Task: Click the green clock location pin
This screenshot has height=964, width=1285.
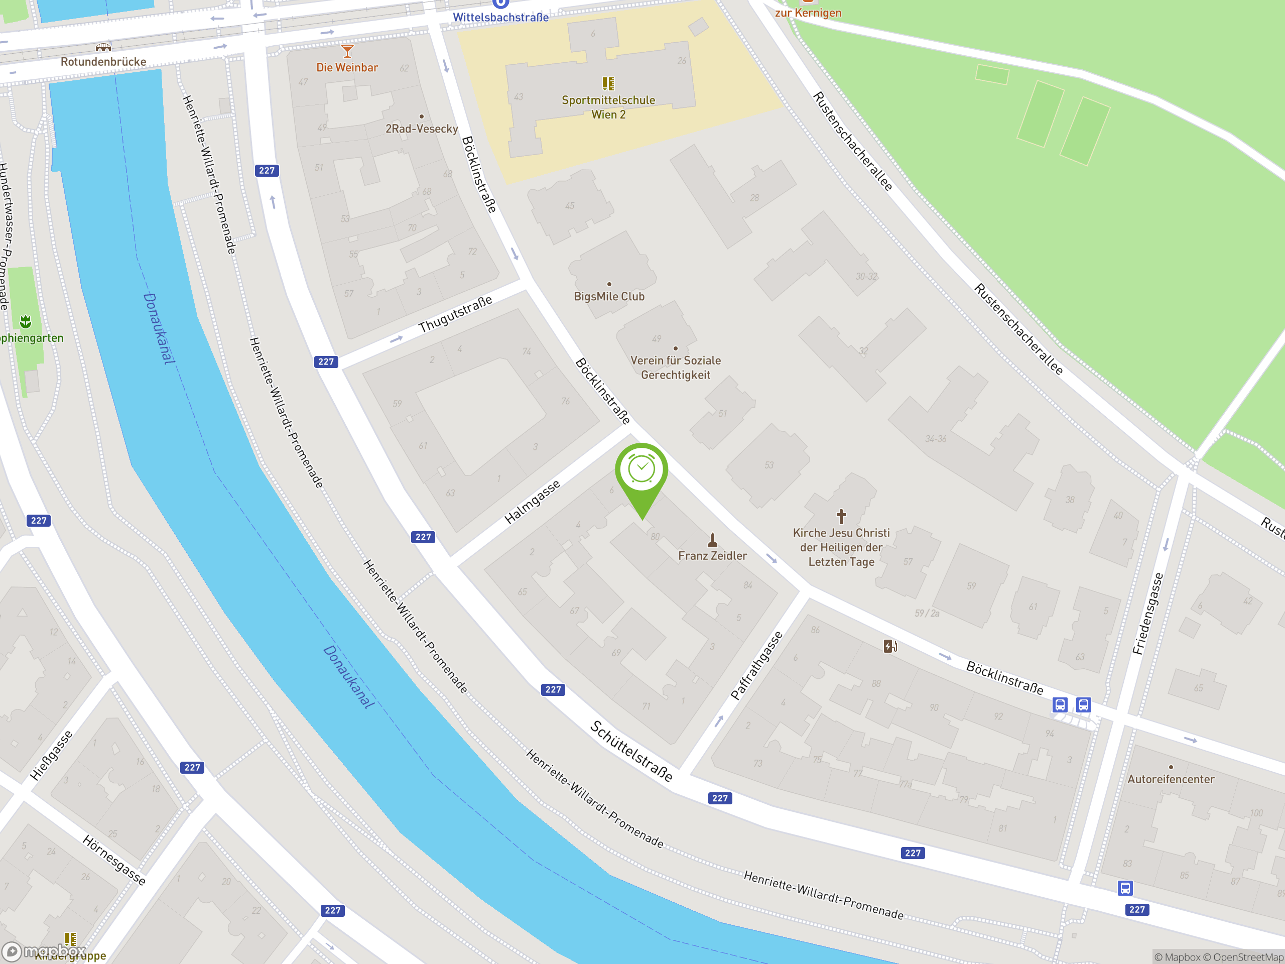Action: coord(641,470)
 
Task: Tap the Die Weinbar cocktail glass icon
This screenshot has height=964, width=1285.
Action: coord(347,51)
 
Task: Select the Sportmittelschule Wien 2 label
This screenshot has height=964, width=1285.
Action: coord(608,107)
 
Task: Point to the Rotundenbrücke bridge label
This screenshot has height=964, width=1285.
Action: coord(103,62)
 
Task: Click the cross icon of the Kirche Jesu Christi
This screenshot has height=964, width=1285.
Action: coord(841,516)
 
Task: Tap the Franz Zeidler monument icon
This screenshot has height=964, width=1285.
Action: coord(713,540)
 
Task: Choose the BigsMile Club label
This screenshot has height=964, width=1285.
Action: coord(609,296)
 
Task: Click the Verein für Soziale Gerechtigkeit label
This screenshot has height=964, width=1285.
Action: coord(675,367)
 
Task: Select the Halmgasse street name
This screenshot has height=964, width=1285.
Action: coord(532,502)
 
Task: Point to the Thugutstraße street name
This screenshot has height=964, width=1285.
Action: coord(455,314)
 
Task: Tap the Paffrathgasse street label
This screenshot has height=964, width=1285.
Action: coord(756,666)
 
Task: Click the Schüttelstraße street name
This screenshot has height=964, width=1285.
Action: coord(631,751)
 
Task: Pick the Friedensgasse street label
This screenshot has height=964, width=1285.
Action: coord(1148,614)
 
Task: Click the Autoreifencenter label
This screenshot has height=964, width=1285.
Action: coord(1171,779)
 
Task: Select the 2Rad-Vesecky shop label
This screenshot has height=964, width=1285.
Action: coord(422,129)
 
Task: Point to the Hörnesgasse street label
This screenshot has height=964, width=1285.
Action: coord(114,860)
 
